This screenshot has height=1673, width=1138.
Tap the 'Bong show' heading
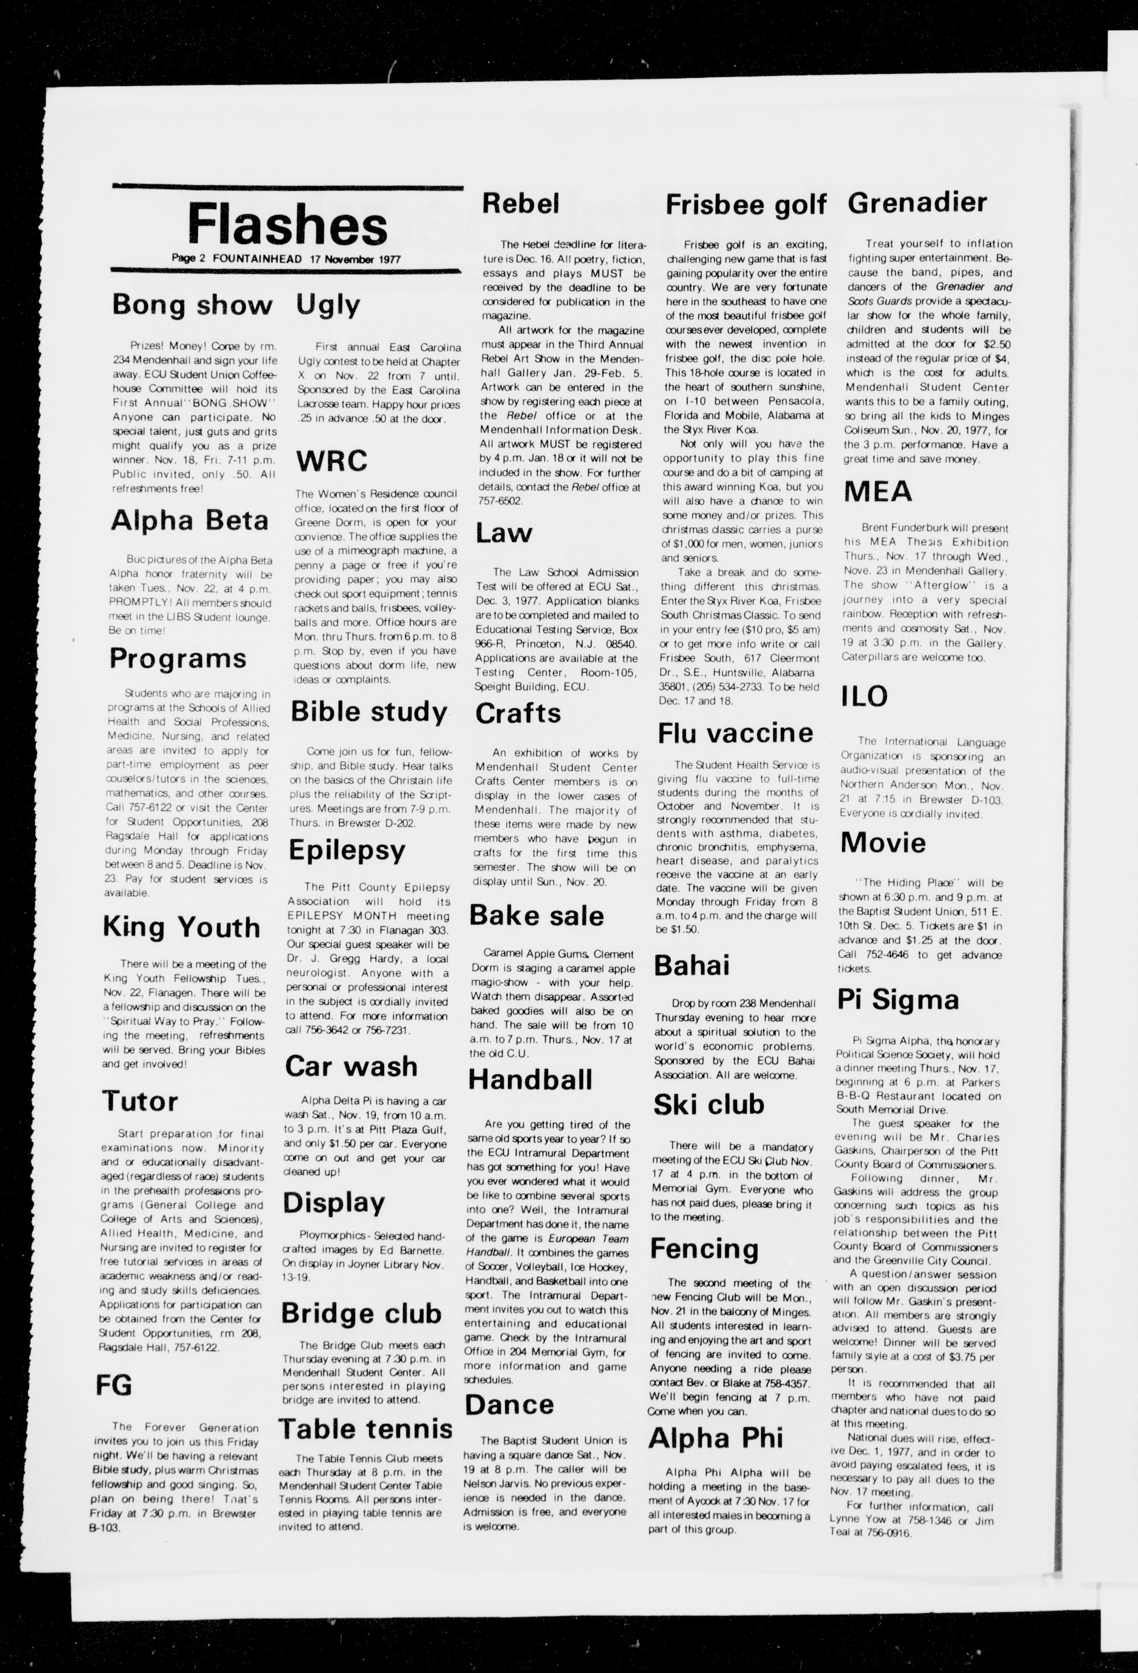192,305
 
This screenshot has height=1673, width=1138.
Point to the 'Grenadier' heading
917,202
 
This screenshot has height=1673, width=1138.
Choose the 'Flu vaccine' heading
735,733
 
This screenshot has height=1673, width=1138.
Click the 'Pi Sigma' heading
897,999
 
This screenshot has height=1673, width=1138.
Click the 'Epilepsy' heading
347,850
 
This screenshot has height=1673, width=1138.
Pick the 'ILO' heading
864,695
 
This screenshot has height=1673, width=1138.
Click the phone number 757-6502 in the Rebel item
499,501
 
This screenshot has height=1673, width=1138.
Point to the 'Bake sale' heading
537,915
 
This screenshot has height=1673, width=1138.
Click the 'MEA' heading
877,492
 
